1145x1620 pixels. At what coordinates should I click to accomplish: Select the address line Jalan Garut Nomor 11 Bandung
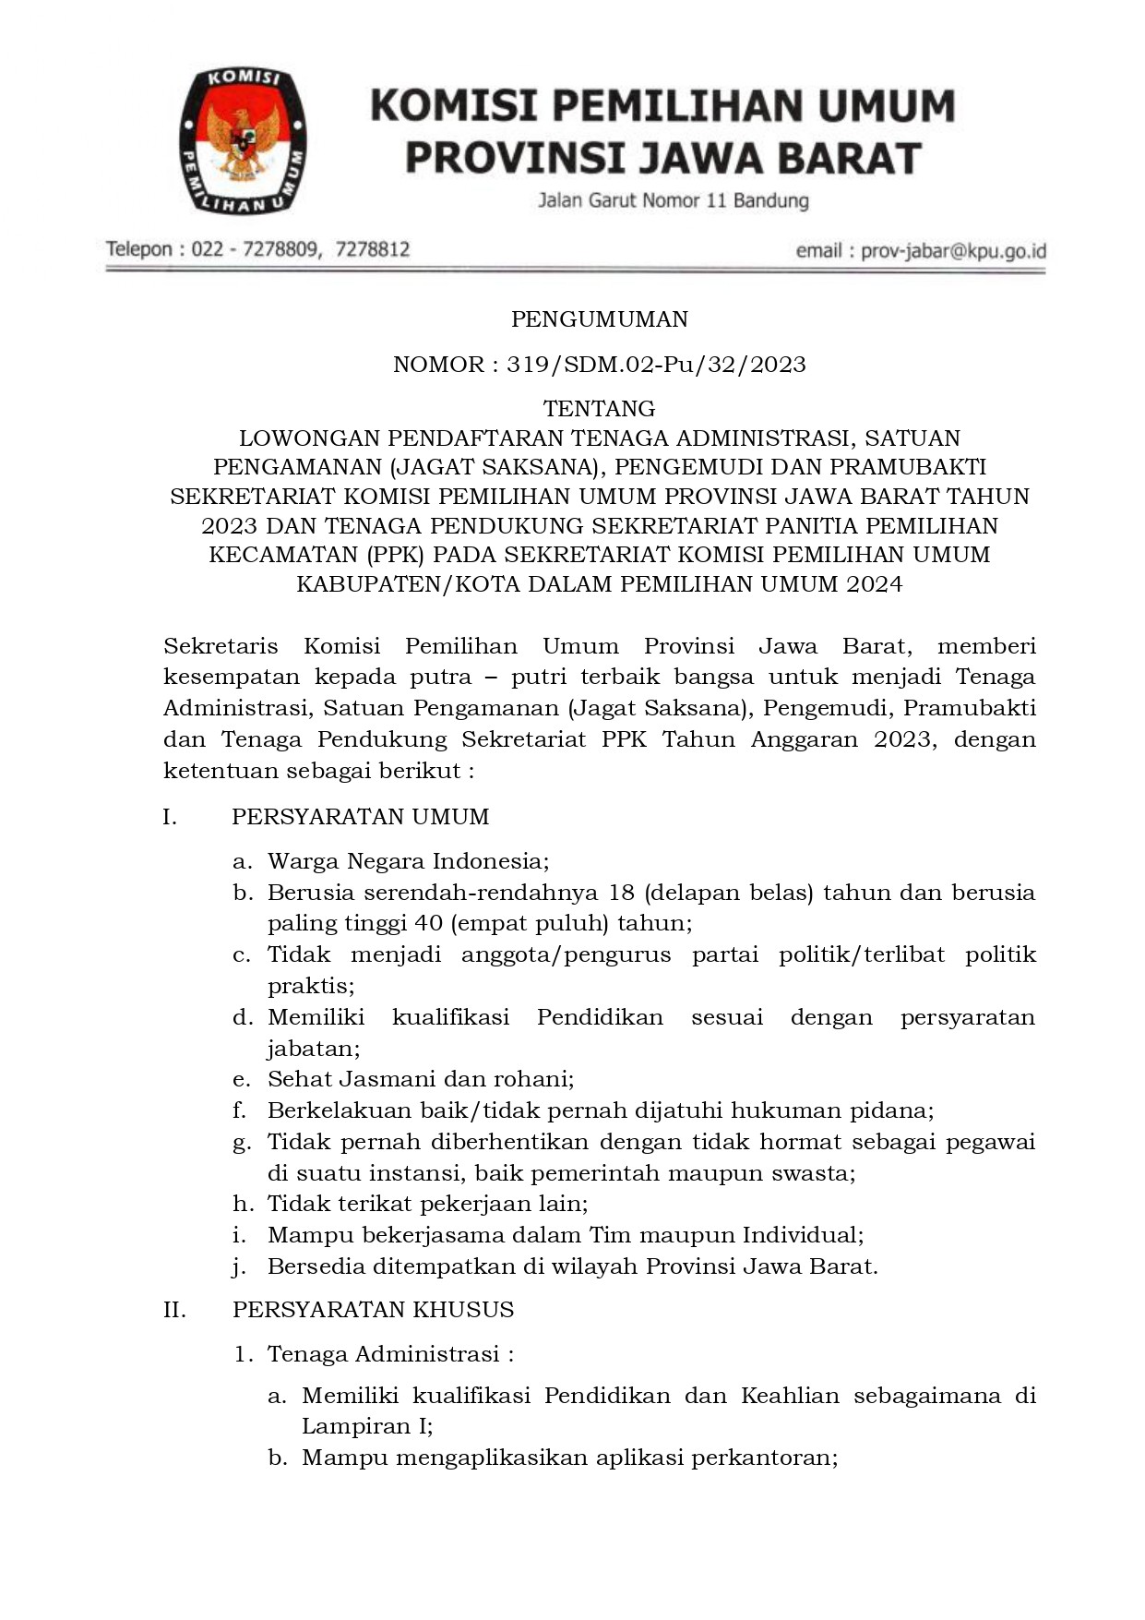(x=674, y=200)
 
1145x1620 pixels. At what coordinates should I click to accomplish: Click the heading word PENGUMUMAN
(x=600, y=319)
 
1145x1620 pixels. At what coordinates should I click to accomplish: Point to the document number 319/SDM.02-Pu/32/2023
(x=656, y=365)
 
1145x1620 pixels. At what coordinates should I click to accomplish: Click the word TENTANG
(x=600, y=408)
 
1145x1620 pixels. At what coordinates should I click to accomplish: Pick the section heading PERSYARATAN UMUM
(x=360, y=817)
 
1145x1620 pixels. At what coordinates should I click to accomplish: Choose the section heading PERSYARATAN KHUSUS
(x=373, y=1310)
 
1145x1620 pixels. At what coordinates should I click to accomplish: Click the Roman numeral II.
(x=174, y=1310)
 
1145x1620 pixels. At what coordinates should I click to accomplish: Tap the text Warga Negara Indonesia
(x=407, y=861)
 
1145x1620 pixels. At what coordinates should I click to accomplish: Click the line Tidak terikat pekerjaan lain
(x=426, y=1204)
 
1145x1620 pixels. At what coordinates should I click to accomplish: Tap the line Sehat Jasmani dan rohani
(x=420, y=1079)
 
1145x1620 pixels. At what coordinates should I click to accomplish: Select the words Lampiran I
(x=365, y=1426)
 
